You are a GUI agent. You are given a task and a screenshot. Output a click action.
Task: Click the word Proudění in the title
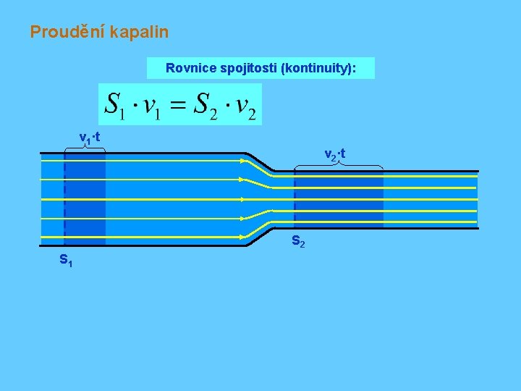[64, 32]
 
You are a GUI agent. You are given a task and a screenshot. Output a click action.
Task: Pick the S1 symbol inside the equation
[115, 105]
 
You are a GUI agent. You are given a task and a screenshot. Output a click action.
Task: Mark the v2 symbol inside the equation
[245, 106]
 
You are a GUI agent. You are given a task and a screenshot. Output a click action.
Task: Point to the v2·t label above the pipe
[334, 154]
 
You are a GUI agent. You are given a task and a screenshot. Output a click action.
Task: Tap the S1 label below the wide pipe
[65, 259]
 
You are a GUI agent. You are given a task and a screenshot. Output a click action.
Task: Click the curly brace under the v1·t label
[85, 148]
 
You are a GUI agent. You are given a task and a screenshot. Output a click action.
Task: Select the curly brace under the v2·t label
[339, 167]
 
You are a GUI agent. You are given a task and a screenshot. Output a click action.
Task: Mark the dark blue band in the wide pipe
[85, 198]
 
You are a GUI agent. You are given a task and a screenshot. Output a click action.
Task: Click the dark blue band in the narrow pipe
[339, 199]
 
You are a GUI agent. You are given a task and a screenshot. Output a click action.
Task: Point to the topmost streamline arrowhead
[242, 161]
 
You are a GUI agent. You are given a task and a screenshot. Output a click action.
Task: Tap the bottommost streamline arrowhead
[242, 237]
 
